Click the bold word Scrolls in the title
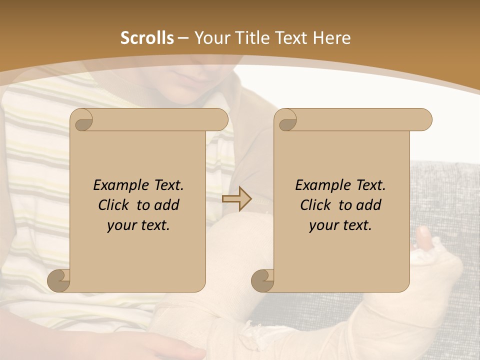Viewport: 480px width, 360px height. [147, 38]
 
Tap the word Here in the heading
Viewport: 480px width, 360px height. [332, 38]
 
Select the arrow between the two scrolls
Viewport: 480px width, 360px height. [237, 199]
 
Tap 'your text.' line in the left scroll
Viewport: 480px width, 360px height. [138, 225]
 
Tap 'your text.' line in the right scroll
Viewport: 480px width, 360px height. [340, 225]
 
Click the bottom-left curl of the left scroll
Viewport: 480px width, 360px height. [59, 280]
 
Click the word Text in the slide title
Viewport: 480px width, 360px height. [291, 38]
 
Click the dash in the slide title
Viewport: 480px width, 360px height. [183, 38]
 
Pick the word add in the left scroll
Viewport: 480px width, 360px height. [167, 205]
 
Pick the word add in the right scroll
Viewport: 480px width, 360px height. [369, 205]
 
